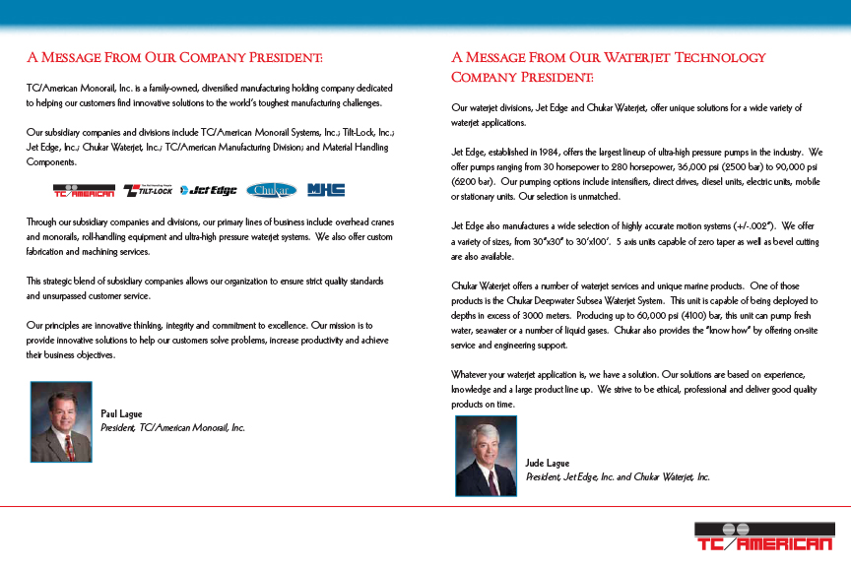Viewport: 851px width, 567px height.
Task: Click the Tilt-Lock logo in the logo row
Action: point(147,190)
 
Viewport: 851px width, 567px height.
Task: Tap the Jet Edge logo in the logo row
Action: point(208,190)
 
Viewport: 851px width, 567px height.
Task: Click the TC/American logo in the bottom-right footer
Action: point(763,540)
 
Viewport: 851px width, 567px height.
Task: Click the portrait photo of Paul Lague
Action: point(61,421)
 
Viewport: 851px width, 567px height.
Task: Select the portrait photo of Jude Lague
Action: point(486,456)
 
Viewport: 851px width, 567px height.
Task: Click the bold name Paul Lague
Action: point(123,413)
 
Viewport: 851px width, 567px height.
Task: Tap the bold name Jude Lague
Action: point(548,463)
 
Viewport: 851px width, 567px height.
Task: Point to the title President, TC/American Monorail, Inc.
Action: point(172,428)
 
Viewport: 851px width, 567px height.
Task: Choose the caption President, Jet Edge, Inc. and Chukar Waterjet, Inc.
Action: point(618,476)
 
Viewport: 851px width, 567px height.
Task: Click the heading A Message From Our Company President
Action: point(175,58)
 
